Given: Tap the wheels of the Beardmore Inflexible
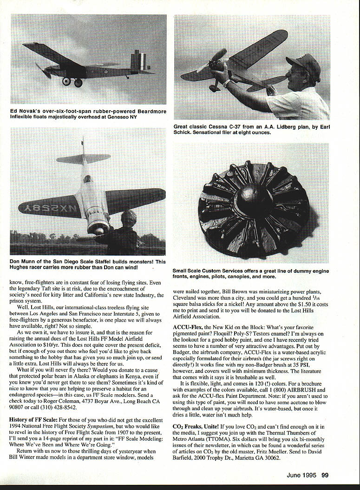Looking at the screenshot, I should pyautogui.click(x=72, y=82).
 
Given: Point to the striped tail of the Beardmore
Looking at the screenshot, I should pyautogui.click(x=138, y=62).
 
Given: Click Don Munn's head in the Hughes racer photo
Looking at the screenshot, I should pyautogui.click(x=129, y=219).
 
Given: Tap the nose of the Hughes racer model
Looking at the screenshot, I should pyautogui.click(x=98, y=229).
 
